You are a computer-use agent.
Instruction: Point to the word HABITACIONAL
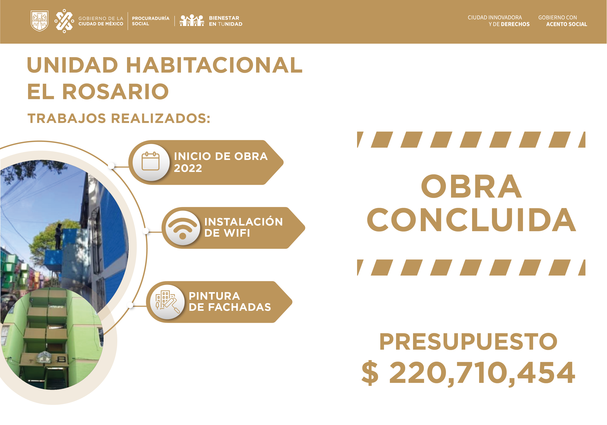214,65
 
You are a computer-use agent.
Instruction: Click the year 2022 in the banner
188,168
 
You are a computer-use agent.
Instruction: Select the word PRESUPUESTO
468,341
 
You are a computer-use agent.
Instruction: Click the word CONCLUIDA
471,220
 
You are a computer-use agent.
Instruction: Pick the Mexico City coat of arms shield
40,21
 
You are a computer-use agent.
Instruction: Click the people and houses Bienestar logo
192,20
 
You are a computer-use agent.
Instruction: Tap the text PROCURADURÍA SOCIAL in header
151,21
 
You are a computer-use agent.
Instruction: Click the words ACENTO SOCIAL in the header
567,24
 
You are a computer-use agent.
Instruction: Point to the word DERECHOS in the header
515,24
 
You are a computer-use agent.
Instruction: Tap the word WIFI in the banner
237,233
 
